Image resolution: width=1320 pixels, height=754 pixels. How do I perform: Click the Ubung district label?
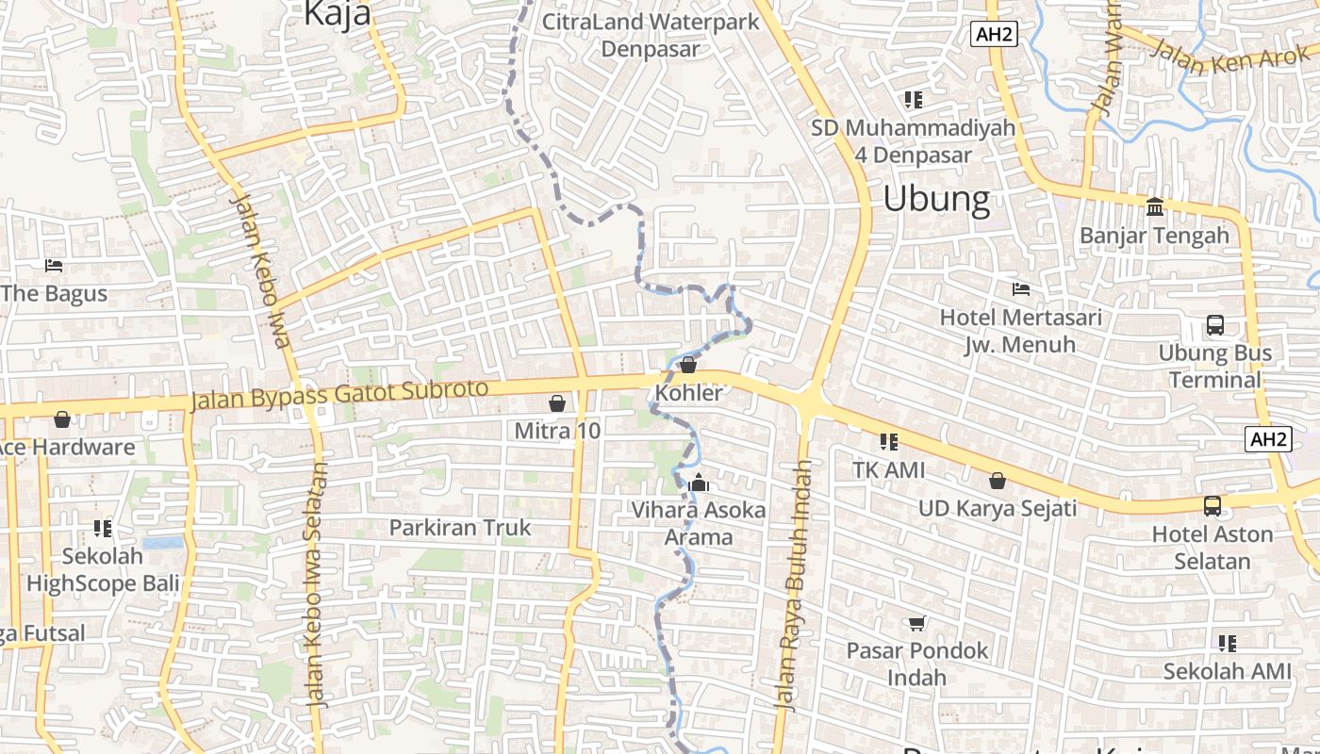click(x=936, y=199)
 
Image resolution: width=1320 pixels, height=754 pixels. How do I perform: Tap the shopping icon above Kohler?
click(x=688, y=365)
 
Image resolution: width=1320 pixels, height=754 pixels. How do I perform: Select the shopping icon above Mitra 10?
click(x=557, y=403)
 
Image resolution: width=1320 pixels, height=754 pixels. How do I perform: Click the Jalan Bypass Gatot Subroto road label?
click(x=339, y=394)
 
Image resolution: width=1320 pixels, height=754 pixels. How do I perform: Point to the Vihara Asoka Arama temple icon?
click(x=699, y=484)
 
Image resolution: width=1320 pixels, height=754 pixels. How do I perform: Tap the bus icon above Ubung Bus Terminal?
click(x=1215, y=326)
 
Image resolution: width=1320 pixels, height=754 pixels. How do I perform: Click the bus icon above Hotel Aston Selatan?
click(x=1213, y=506)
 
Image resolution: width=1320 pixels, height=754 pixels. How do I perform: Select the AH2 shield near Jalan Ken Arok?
click(x=994, y=35)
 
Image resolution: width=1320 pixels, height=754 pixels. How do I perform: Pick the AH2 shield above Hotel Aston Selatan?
click(x=1268, y=438)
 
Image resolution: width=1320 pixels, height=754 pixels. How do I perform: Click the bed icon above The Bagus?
click(x=54, y=266)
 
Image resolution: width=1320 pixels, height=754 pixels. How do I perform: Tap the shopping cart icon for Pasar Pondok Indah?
click(x=916, y=623)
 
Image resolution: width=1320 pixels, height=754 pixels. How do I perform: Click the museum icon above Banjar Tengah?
click(x=1155, y=206)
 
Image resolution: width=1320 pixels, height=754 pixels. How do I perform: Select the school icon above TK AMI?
click(x=888, y=441)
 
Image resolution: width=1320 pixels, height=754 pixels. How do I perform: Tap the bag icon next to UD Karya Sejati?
click(x=998, y=481)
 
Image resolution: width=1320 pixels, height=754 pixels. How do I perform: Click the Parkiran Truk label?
click(x=460, y=528)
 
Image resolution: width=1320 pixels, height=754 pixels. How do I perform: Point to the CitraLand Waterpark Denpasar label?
click(x=651, y=35)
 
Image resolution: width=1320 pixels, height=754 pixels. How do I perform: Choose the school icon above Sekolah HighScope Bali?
click(x=103, y=528)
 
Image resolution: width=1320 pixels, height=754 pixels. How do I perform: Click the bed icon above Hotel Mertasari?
click(x=1020, y=288)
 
